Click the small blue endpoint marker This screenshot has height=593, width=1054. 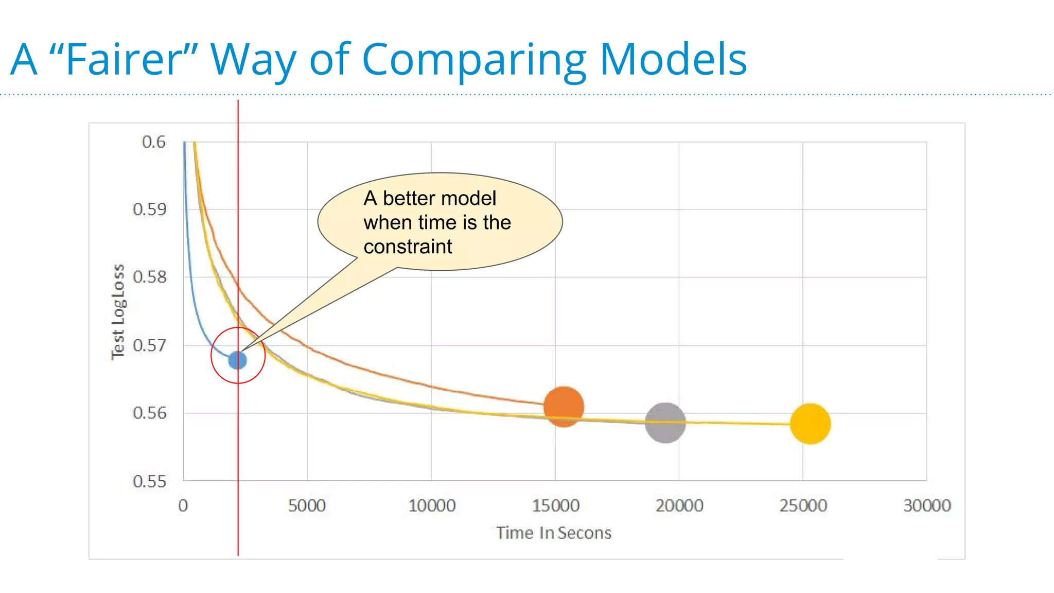click(x=237, y=360)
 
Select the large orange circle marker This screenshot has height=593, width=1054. click(x=564, y=407)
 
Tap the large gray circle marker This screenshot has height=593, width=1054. click(x=665, y=423)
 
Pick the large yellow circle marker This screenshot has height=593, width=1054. click(x=810, y=424)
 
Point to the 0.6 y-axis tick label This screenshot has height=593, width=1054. click(x=153, y=142)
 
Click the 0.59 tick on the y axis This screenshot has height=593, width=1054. click(x=149, y=210)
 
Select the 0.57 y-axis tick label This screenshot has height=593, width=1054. click(x=149, y=345)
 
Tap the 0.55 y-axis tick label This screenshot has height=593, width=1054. click(x=149, y=482)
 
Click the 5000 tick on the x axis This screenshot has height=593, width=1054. click(x=307, y=506)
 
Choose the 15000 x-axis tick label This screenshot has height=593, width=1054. click(x=555, y=506)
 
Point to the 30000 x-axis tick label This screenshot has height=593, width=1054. click(x=927, y=506)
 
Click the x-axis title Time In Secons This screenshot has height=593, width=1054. click(x=554, y=533)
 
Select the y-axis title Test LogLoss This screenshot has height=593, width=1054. click(x=118, y=312)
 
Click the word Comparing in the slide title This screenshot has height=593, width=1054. click(x=474, y=60)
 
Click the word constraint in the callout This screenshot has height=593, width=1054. click(x=408, y=247)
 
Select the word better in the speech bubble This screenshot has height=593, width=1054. click(x=411, y=199)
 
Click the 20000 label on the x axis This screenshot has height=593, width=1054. click(x=679, y=506)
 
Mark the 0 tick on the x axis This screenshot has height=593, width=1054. click(x=183, y=506)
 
